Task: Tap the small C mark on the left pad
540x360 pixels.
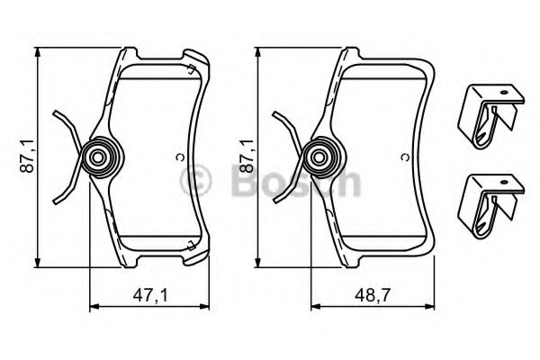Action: pos(179,158)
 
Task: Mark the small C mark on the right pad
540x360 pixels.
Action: pos(404,158)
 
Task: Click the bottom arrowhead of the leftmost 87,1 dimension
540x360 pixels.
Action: pos(39,265)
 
